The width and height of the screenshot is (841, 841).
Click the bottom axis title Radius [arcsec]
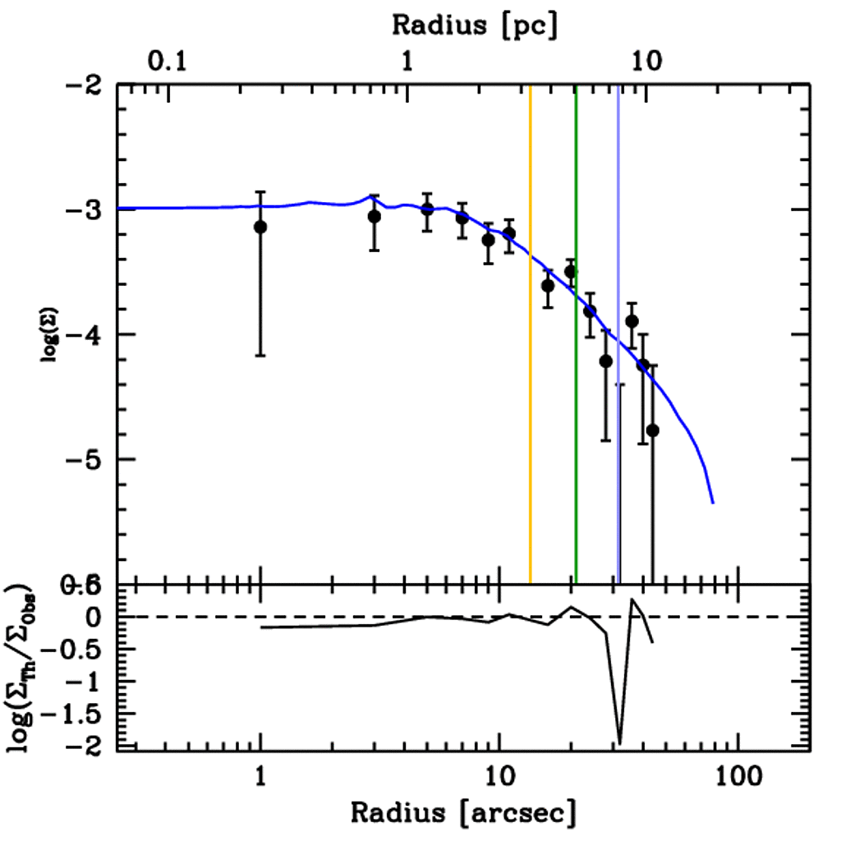click(x=462, y=812)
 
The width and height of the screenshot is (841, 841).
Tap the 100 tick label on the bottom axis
click(x=738, y=776)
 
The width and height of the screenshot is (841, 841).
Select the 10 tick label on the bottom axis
click(x=499, y=776)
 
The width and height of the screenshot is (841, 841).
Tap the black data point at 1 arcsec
click(x=260, y=227)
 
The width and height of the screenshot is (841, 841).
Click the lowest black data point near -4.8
click(x=653, y=430)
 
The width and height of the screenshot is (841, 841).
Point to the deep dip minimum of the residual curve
click(x=619, y=742)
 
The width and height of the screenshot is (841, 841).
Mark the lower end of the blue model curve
click(x=713, y=502)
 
